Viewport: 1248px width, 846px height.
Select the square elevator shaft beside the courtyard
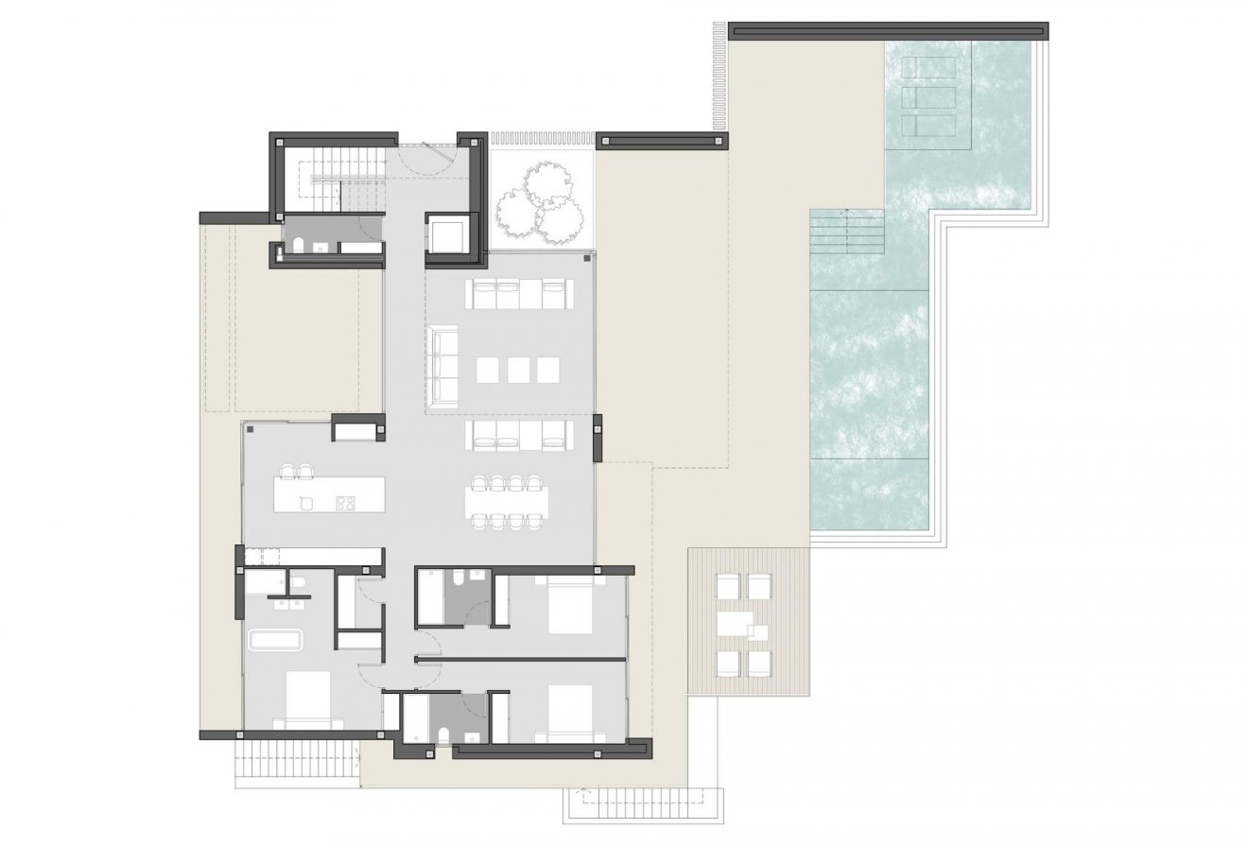pos(448,233)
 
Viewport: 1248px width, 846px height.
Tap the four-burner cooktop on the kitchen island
pos(344,503)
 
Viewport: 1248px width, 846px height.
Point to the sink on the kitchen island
pos(305,503)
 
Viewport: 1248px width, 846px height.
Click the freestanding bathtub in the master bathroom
pos(275,641)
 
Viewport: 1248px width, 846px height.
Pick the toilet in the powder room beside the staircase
pos(299,248)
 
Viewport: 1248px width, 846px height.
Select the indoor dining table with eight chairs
pos(507,501)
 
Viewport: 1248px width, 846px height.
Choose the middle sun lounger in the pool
pos(923,96)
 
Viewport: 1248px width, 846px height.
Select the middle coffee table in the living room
pos(518,369)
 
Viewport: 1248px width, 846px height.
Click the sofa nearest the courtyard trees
pos(518,294)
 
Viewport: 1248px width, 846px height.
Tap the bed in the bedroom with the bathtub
pos(303,699)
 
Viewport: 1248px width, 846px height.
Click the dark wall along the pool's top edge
pos(889,27)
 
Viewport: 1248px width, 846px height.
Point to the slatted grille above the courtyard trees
pos(542,138)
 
